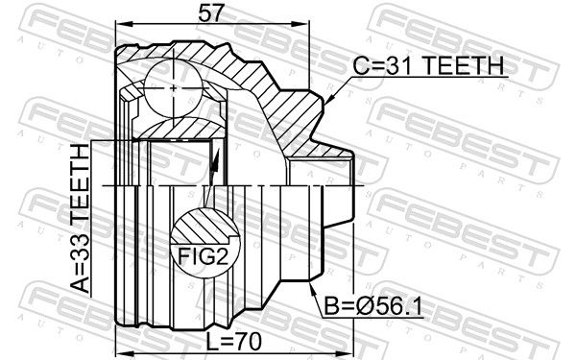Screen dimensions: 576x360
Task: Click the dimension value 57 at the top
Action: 210,12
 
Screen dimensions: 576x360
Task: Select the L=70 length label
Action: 233,342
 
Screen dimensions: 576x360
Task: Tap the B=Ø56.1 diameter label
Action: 373,307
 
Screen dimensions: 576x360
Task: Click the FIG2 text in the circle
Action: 204,255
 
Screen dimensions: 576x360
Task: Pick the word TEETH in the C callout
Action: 465,66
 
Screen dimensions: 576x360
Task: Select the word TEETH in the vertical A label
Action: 80,184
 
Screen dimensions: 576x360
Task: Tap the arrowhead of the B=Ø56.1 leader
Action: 313,286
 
